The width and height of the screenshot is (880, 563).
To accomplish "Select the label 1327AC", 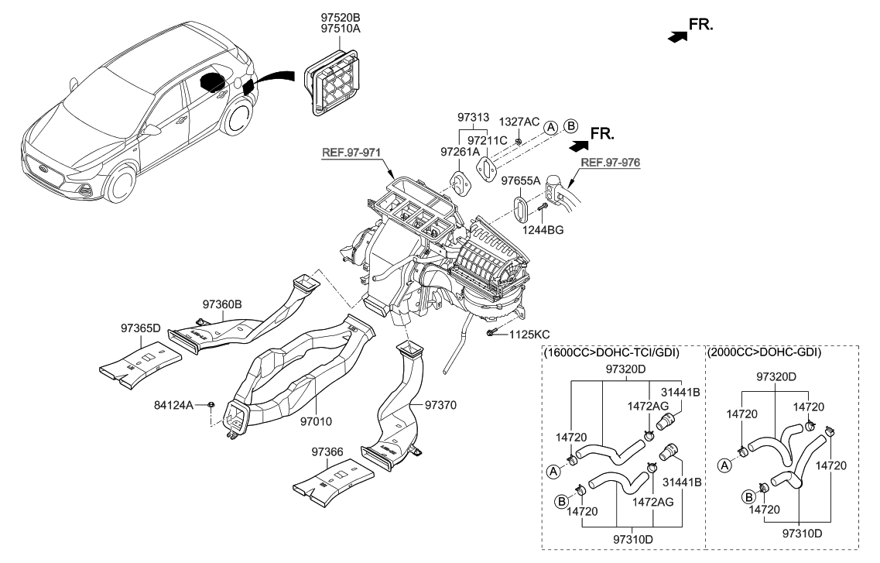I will point(518,122).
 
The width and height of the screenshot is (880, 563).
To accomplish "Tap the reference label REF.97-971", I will point(352,152).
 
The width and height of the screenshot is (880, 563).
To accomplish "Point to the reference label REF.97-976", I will point(612,163).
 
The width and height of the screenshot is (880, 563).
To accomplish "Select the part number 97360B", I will point(223,304).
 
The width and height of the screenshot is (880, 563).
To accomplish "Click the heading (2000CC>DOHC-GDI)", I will point(764,352).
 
